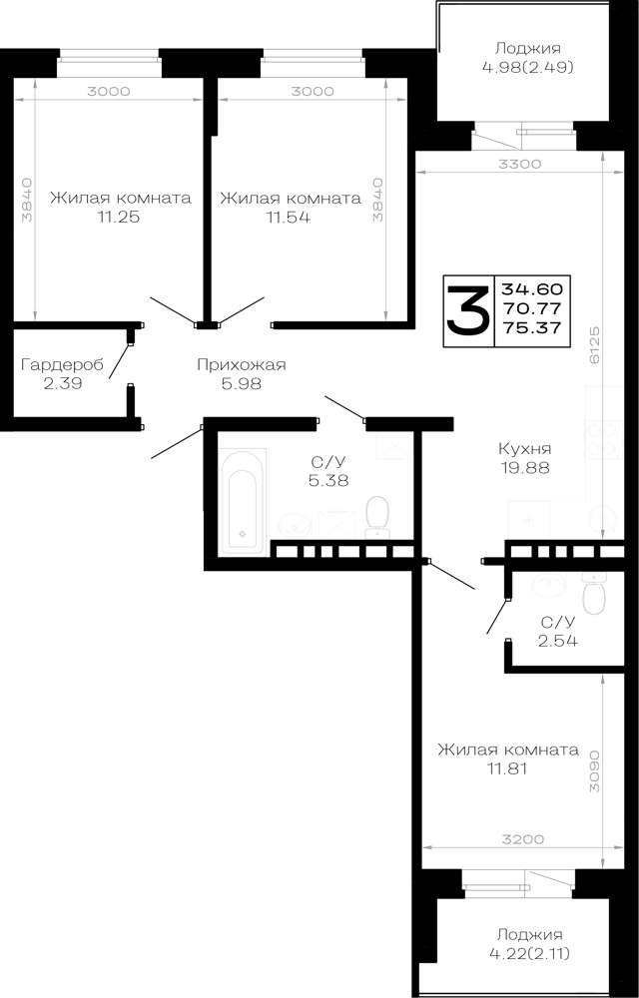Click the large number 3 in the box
pos(468,309)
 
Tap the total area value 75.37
pos(532,327)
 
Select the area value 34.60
pos(532,289)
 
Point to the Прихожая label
pos(242,364)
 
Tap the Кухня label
pos(525,449)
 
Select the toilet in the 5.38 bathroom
pos(378,517)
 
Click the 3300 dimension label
pos(519,164)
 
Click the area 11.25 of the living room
pos(119,217)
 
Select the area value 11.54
pos(289,217)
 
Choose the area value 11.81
pos(506,768)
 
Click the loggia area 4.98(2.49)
pos(528,66)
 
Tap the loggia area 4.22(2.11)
pos(529,953)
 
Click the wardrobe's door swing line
pos(120,361)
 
